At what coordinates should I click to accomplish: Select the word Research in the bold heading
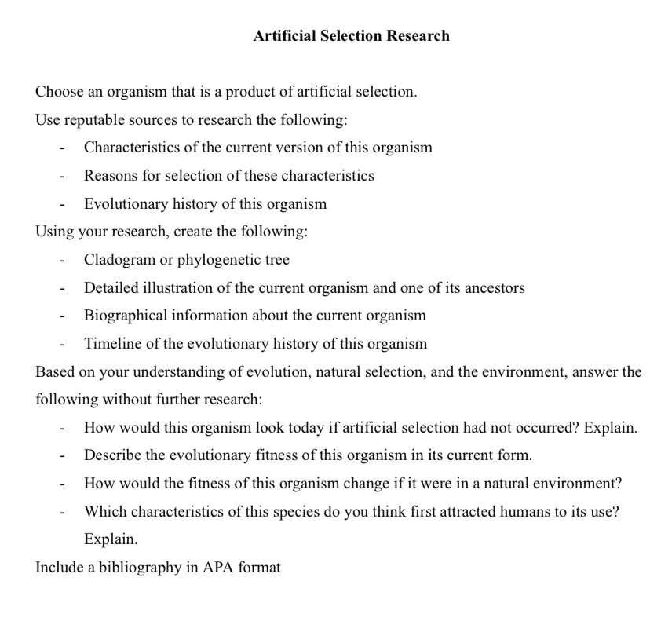[418, 35]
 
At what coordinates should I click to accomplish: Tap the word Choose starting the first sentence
[60, 92]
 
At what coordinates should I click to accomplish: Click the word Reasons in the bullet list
[111, 175]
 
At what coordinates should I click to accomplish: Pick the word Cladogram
[119, 259]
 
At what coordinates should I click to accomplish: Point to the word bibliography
[135, 568]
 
